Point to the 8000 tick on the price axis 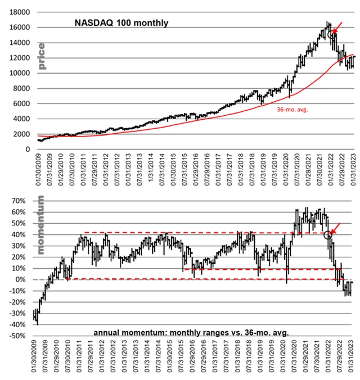23,88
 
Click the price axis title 42,56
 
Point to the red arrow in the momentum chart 336,228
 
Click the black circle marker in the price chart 331,35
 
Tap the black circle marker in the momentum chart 328,234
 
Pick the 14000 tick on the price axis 21,43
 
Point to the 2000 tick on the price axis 23,134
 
